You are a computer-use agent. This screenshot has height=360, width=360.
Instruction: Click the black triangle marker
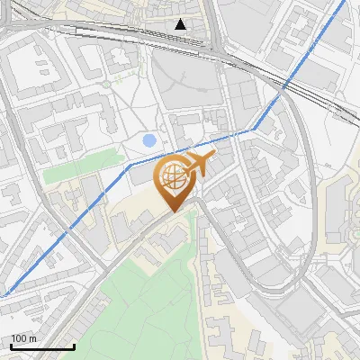[181, 24]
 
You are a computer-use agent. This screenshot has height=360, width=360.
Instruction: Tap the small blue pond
[149, 140]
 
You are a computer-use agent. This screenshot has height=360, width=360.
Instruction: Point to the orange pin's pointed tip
[175, 211]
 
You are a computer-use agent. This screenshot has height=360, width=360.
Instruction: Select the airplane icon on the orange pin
[197, 164]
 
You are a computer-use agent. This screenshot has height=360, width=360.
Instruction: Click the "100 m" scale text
[24, 338]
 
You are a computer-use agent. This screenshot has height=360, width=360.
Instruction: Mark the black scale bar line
[42, 346]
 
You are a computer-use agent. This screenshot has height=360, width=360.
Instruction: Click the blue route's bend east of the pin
[255, 130]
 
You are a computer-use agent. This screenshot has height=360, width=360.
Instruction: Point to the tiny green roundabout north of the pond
[107, 83]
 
